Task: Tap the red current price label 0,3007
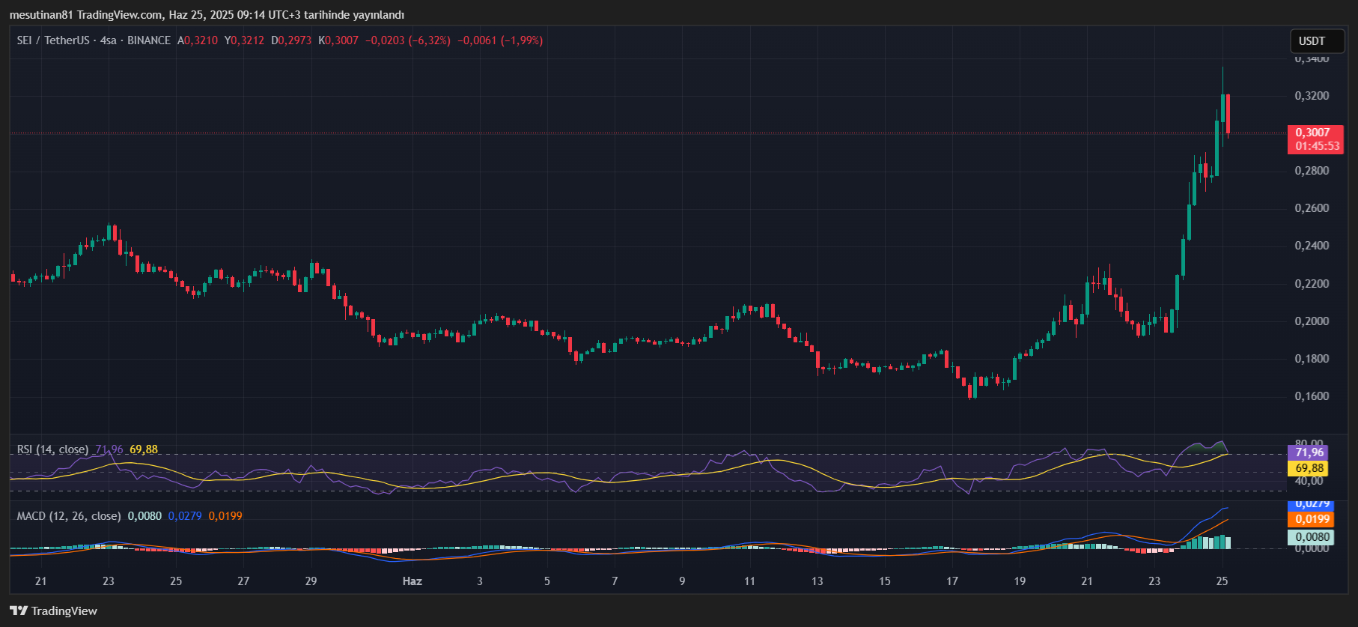[1313, 133]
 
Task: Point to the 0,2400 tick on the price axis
[1312, 246]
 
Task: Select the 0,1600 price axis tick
[1312, 396]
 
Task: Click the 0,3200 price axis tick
[1312, 96]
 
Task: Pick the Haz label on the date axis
[412, 581]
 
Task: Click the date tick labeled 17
[952, 581]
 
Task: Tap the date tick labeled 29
[311, 581]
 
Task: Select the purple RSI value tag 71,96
[1309, 452]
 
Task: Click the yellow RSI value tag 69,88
[1309, 468]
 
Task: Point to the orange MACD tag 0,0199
[1312, 519]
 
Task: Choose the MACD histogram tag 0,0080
[1312, 537]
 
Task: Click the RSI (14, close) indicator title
[52, 449]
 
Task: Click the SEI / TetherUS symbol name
[52, 40]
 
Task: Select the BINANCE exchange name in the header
[149, 40]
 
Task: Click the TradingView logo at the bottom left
[54, 611]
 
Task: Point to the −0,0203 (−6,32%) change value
[408, 40]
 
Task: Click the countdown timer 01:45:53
[1317, 146]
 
